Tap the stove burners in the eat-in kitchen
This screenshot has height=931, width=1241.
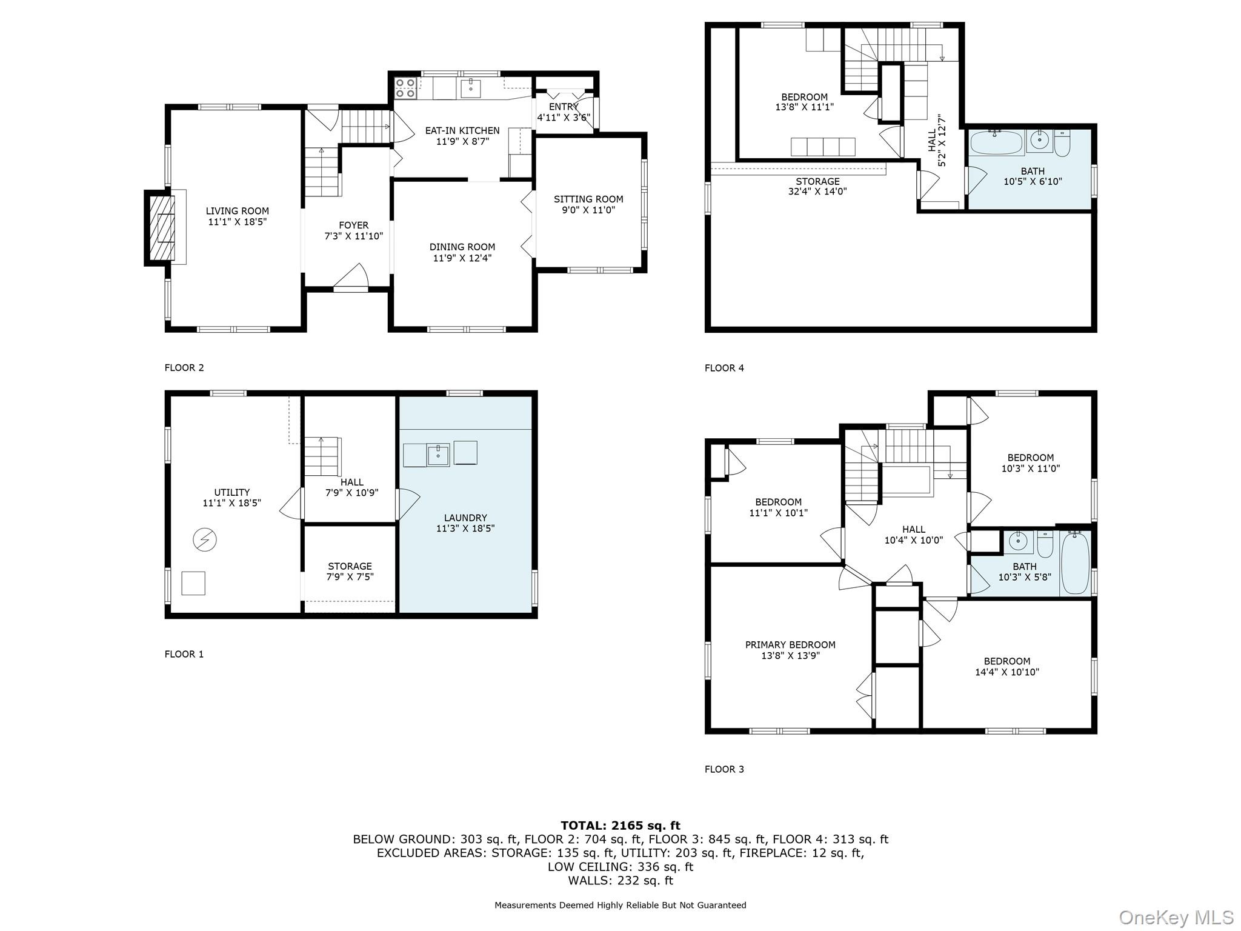click(405, 88)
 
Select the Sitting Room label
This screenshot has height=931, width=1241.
click(588, 199)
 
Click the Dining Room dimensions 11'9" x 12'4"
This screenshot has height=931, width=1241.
click(462, 258)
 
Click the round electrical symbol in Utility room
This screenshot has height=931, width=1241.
click(205, 539)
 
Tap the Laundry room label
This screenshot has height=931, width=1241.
click(465, 518)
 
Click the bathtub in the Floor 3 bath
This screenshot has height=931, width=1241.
click(1075, 563)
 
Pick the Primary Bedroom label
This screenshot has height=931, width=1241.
click(790, 645)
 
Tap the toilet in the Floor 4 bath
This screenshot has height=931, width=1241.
click(1062, 142)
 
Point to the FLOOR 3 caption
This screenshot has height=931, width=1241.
click(724, 769)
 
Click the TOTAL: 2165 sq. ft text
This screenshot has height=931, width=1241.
click(620, 826)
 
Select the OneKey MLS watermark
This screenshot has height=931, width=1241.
click(1176, 917)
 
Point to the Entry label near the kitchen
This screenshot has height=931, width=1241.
click(564, 107)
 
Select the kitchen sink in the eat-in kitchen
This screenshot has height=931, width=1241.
click(470, 88)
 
